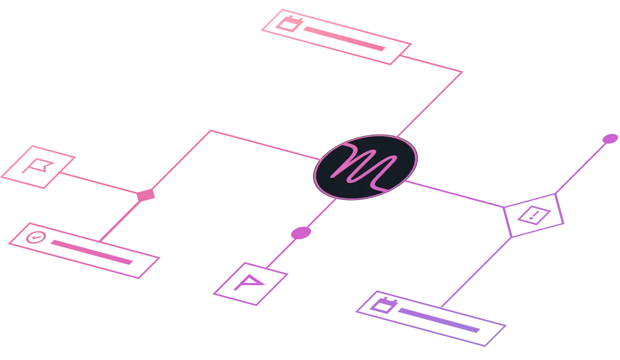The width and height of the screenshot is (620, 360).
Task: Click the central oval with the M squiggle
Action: [365, 167]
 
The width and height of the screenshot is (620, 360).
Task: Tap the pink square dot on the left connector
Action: [146, 195]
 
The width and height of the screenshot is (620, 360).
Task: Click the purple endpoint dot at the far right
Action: [610, 139]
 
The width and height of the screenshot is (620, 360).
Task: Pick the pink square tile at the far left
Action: [39, 167]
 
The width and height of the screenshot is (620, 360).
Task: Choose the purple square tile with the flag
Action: [250, 284]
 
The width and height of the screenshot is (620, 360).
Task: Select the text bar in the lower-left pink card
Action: [91, 252]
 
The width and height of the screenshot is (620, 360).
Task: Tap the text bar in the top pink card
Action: [344, 39]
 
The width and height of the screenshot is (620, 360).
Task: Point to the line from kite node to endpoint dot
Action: [582, 166]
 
